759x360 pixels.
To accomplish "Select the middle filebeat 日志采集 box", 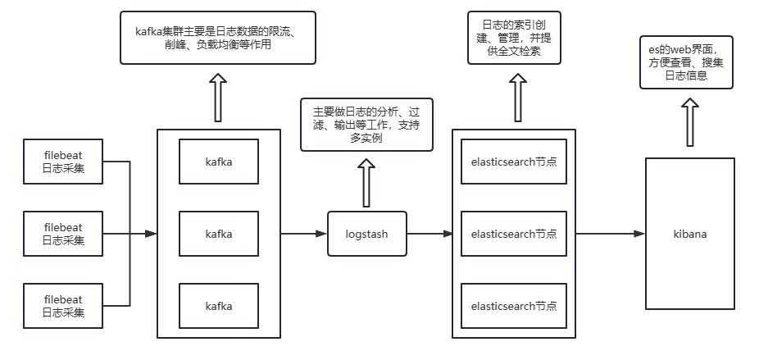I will tap(63, 234).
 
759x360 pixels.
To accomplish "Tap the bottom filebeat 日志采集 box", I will tap(63, 305).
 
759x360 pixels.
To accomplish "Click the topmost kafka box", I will tap(219, 162).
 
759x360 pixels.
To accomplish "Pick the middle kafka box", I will tap(219, 234).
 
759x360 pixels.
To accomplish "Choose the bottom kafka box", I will tap(219, 306).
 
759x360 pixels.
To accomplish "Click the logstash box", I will tap(367, 234).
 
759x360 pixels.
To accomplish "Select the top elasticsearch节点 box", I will tap(514, 162).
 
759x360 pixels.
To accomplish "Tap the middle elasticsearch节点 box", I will tap(514, 234).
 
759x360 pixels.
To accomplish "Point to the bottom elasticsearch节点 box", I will tap(514, 306).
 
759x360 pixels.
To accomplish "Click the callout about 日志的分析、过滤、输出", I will tap(366, 125).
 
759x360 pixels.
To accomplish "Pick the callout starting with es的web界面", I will tap(686, 62).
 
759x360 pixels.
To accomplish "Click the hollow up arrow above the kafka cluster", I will tap(219, 97).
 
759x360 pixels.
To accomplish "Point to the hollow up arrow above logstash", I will tap(366, 183).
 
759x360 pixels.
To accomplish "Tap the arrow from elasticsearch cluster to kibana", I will tap(610, 234).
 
